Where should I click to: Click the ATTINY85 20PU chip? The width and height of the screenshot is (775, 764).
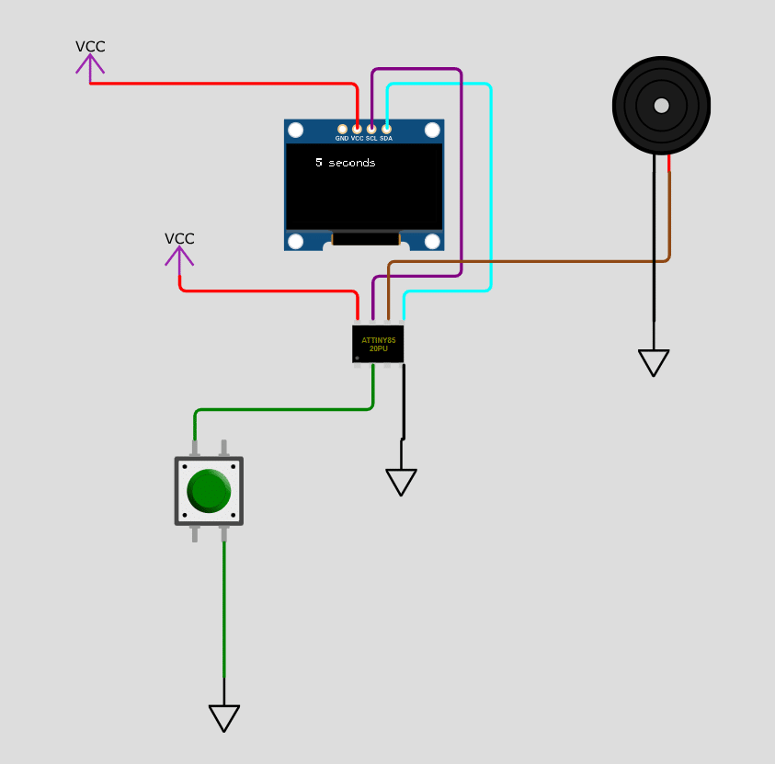378,344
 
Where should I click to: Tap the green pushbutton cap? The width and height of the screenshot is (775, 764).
209,491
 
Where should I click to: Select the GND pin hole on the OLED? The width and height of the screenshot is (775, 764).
342,130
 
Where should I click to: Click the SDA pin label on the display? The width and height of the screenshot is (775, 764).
386,139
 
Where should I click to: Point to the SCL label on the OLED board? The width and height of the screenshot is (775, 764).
371,139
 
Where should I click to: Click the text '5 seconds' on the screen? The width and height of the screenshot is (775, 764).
346,163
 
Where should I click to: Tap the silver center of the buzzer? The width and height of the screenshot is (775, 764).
661,105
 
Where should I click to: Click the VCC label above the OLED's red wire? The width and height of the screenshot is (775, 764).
90,47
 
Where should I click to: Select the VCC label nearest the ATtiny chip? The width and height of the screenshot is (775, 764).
179,239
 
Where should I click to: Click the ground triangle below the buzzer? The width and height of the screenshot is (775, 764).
654,363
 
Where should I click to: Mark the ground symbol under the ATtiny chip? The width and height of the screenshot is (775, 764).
401,483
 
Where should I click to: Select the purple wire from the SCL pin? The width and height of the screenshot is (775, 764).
461,163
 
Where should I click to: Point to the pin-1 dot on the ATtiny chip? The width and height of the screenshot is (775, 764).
357,358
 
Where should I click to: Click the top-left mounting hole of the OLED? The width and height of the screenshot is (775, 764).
296,130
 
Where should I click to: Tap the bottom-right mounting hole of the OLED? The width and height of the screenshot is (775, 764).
432,242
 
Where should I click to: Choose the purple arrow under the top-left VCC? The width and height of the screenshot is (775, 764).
90,67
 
